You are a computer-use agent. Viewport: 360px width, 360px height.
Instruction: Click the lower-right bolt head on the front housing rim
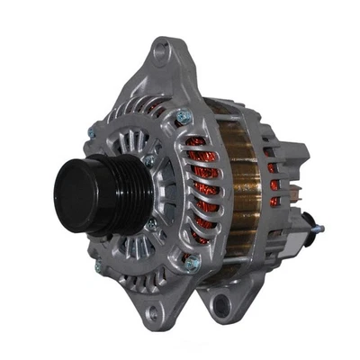(x=191, y=263)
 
